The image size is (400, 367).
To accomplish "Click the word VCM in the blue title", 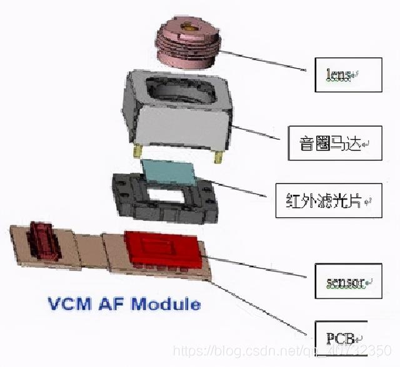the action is (x=67, y=305).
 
